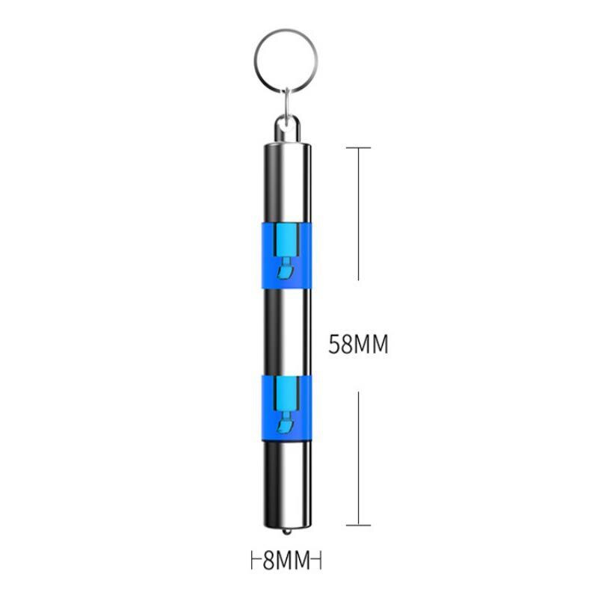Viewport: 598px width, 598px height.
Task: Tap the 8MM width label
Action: click(x=286, y=560)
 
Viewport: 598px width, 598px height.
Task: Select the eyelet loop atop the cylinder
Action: click(x=286, y=129)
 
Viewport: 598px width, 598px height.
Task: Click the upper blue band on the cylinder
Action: click(x=286, y=255)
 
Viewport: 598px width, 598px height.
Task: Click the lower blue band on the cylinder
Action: click(x=286, y=408)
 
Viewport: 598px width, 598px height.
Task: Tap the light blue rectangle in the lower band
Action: click(x=286, y=391)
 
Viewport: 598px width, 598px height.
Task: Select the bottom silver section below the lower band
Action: click(x=286, y=482)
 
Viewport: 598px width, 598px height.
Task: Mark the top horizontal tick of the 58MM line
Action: click(x=359, y=147)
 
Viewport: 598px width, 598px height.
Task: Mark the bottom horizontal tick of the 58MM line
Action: click(x=359, y=525)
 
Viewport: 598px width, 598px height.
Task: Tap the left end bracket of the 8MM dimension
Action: click(x=252, y=560)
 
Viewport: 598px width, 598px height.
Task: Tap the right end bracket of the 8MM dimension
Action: click(x=319, y=560)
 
